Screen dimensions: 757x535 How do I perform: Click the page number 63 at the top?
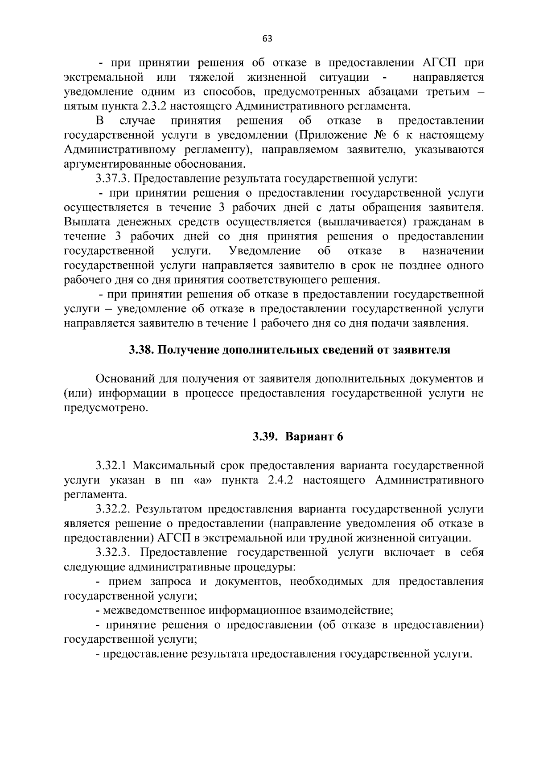click(267, 38)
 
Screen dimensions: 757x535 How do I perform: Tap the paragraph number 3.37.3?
click(112, 179)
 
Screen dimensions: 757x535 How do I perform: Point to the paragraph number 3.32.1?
click(112, 466)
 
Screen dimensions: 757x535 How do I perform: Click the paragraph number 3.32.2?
click(113, 509)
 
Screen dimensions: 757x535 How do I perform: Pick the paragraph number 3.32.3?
click(113, 553)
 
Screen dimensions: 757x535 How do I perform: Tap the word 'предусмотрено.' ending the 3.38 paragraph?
click(105, 408)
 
